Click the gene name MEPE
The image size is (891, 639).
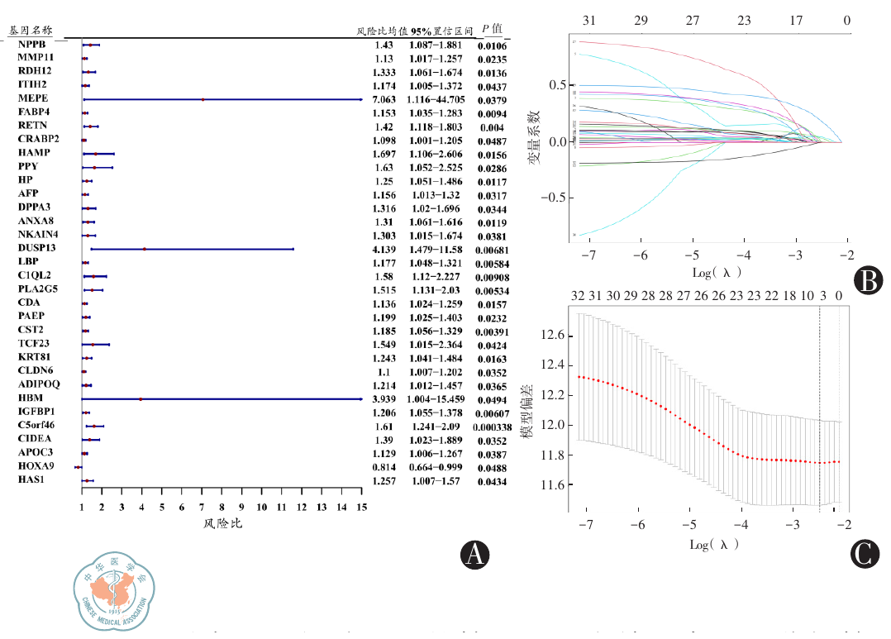coord(33,98)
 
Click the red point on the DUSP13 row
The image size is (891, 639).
coord(144,249)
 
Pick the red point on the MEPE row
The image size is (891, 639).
coord(202,99)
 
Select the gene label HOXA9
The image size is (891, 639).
coord(35,466)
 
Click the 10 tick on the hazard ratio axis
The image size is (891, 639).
coord(262,507)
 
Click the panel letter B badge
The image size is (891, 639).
coord(868,281)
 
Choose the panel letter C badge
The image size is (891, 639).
coord(864,552)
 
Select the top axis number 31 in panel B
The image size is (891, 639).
coord(589,20)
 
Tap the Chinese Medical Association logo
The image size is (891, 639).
coord(114,591)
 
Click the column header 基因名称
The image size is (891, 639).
coord(30,30)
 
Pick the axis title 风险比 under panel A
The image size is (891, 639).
coord(222,524)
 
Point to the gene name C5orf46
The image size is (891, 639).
coord(37,426)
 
